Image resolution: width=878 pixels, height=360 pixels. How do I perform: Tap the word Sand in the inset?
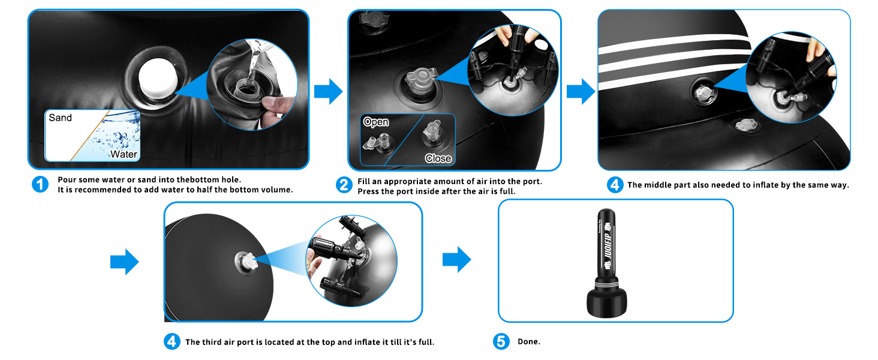pyautogui.click(x=60, y=118)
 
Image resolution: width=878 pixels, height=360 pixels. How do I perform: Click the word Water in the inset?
pyautogui.click(x=124, y=154)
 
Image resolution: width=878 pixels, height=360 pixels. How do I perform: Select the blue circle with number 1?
pyautogui.click(x=40, y=184)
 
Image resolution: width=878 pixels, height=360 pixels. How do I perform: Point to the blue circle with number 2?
pyautogui.click(x=344, y=185)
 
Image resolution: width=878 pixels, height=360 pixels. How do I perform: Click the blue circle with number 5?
pyautogui.click(x=501, y=341)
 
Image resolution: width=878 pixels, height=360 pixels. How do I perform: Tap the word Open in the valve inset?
pyautogui.click(x=376, y=122)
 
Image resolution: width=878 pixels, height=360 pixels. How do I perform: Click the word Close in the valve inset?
pyautogui.click(x=438, y=158)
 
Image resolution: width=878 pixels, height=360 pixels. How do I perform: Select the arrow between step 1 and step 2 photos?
pyautogui.click(x=329, y=91)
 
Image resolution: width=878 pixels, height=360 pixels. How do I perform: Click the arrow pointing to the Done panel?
pyautogui.click(x=456, y=259)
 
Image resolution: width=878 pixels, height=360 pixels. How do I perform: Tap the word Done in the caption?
pyautogui.click(x=529, y=341)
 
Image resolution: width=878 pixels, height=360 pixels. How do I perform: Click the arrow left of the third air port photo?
pyautogui.click(x=125, y=262)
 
